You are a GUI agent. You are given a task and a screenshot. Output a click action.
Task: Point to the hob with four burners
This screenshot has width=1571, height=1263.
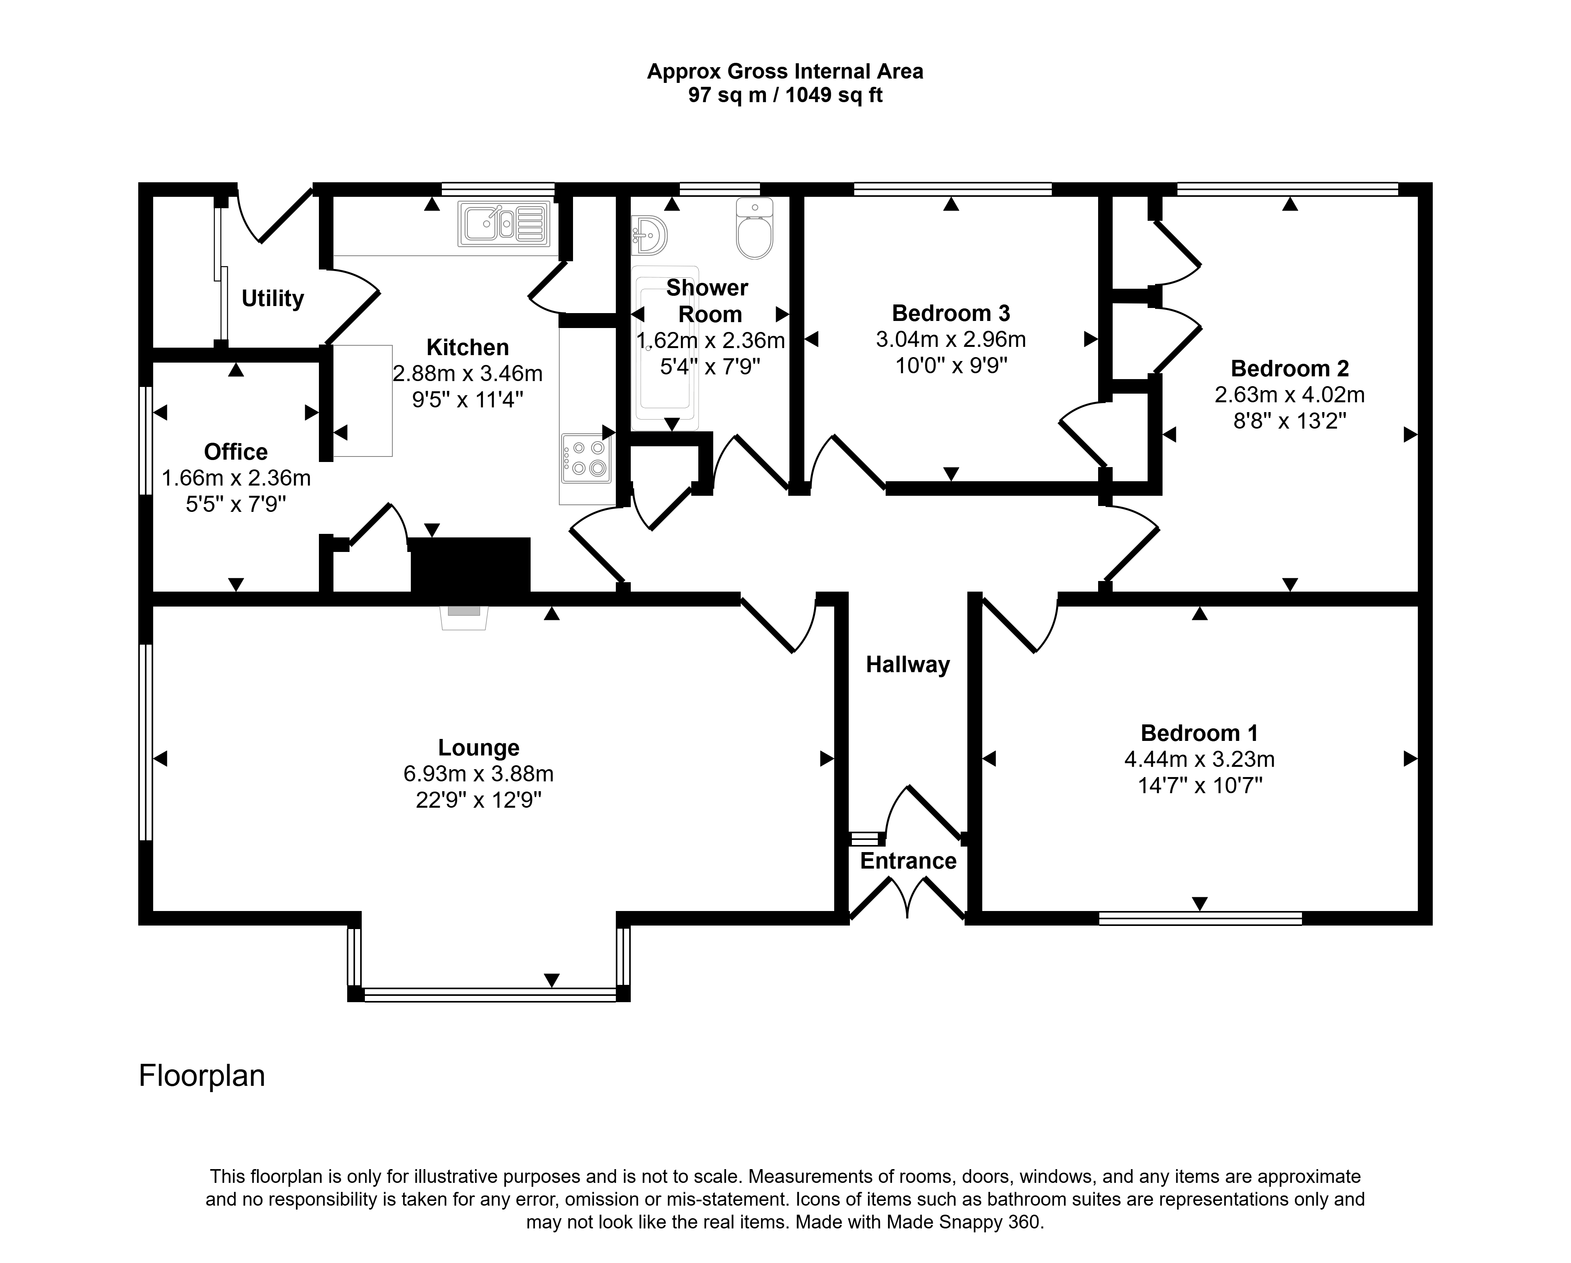click(x=586, y=458)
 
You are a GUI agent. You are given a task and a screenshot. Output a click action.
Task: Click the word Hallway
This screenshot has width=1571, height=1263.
click(x=908, y=665)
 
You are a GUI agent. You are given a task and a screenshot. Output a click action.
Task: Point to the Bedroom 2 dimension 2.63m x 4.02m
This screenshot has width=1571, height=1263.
click(x=1290, y=395)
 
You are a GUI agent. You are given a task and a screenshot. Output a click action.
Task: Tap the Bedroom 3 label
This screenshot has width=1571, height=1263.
click(x=951, y=313)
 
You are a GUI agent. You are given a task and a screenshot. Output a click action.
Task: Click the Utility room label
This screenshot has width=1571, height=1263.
click(x=273, y=299)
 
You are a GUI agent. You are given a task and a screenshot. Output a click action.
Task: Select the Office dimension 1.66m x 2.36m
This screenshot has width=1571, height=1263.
click(x=236, y=478)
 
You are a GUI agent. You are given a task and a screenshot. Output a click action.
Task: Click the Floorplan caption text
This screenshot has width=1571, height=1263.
click(x=202, y=1076)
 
